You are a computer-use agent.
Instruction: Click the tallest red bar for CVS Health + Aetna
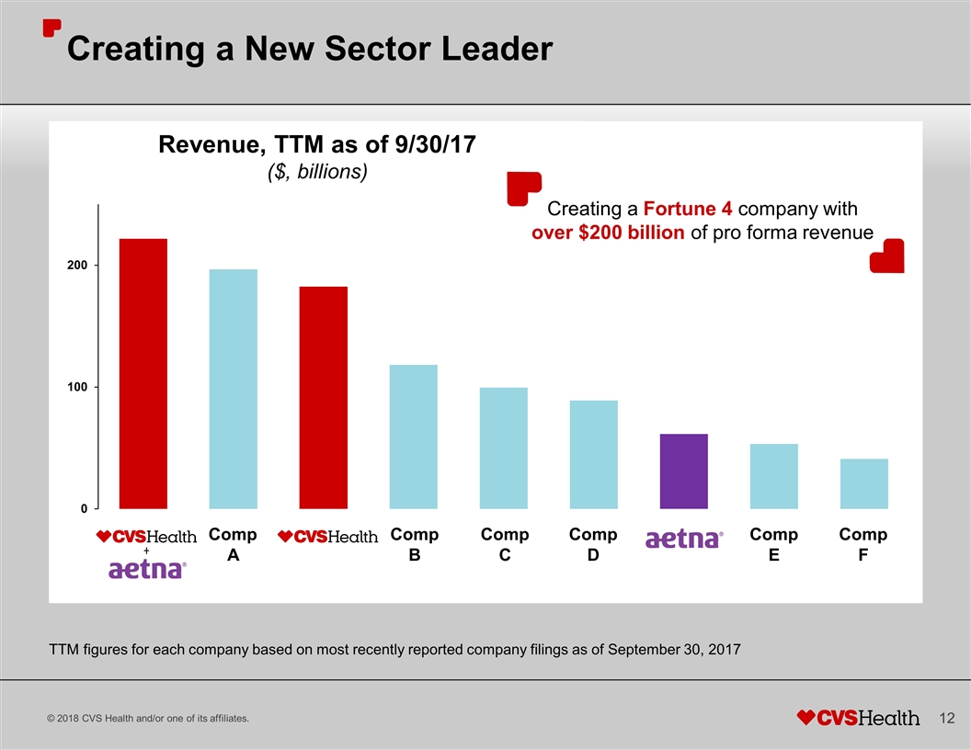(x=143, y=373)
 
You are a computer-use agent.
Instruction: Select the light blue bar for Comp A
(x=233, y=389)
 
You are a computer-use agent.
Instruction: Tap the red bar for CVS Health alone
(x=323, y=397)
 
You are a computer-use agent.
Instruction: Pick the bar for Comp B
(x=413, y=437)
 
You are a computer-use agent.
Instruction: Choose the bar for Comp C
(x=503, y=448)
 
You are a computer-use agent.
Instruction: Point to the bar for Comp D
(x=593, y=454)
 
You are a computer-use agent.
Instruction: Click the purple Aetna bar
(x=683, y=471)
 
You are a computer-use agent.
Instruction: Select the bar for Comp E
(x=773, y=476)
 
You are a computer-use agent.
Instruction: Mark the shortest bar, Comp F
(x=863, y=483)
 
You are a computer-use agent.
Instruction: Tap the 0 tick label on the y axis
(x=83, y=508)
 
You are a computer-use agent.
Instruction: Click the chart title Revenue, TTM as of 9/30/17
(x=317, y=145)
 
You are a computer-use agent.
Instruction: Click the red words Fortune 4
(x=688, y=208)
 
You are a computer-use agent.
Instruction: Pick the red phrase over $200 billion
(x=608, y=233)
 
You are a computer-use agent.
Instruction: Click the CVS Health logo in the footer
(x=857, y=717)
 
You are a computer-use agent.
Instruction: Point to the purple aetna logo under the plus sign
(x=147, y=570)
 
